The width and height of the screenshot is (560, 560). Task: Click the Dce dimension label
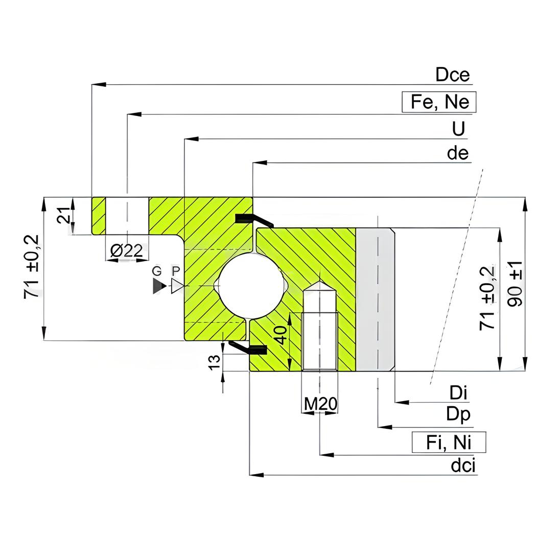pyautogui.click(x=452, y=75)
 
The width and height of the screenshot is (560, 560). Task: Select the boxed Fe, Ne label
pyautogui.click(x=439, y=102)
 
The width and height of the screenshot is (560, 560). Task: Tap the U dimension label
pyautogui.click(x=458, y=129)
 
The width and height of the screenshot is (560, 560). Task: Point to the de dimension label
pyautogui.click(x=457, y=153)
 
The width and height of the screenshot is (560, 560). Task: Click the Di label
pyautogui.click(x=458, y=392)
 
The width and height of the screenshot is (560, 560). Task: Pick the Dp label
pyautogui.click(x=458, y=415)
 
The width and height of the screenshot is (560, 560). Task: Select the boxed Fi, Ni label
pyautogui.click(x=449, y=442)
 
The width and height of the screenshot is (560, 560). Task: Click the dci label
pyautogui.click(x=463, y=465)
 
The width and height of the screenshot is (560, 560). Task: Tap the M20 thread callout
pyautogui.click(x=320, y=404)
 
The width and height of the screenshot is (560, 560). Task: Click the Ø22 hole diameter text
pyautogui.click(x=127, y=250)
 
